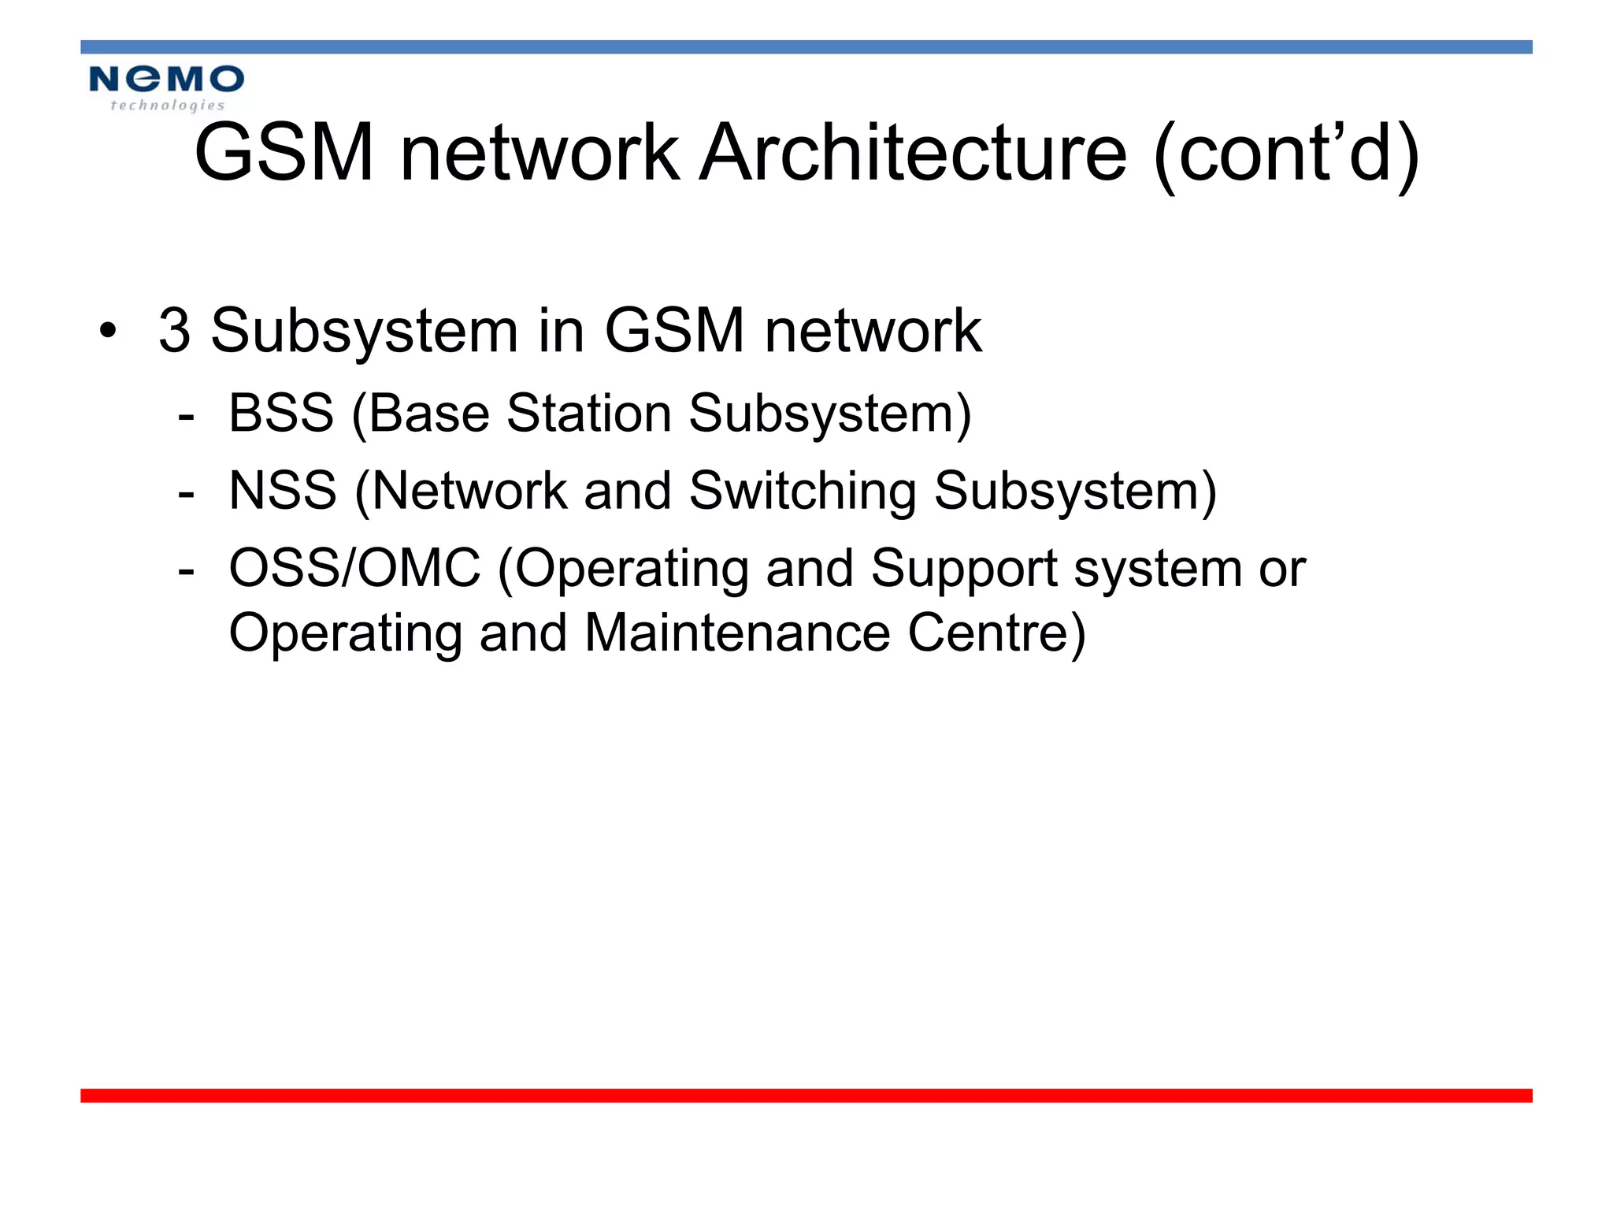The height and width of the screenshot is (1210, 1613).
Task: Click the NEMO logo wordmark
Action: pos(166,79)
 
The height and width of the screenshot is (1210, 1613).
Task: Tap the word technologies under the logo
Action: pos(167,106)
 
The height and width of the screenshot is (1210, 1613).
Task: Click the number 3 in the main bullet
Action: pos(174,330)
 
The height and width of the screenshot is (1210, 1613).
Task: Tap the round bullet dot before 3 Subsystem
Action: pos(108,331)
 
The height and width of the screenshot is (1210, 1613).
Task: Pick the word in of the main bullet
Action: pos(561,330)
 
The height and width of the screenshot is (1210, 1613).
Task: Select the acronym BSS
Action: pos(281,413)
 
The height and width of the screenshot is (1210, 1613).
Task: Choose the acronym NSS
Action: pos(283,491)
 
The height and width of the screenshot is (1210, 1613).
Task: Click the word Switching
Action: pos(803,491)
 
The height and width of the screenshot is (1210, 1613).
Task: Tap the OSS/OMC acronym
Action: pos(354,568)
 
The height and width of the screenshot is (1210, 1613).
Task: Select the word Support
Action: pos(964,568)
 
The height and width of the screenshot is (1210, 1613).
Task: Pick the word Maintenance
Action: pos(737,633)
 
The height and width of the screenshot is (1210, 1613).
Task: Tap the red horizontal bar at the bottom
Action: pos(806,1096)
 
